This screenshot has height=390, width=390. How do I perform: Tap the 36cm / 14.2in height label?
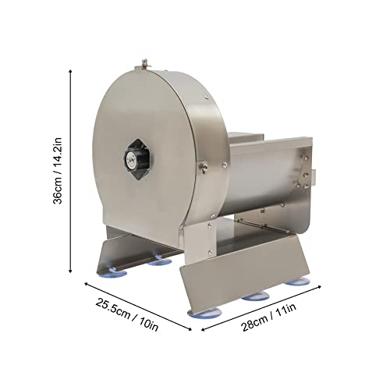coord(57,171)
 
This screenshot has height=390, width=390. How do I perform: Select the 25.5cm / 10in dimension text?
coord(127,315)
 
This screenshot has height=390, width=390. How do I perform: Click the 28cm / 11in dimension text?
coord(269,317)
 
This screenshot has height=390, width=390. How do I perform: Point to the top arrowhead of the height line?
coord(70,71)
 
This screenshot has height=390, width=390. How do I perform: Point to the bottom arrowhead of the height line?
coord(70,271)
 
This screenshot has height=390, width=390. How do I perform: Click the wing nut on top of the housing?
coord(144,64)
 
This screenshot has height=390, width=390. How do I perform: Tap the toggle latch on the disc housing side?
coord(203,167)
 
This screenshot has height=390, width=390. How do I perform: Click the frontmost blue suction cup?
coord(204,313)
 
